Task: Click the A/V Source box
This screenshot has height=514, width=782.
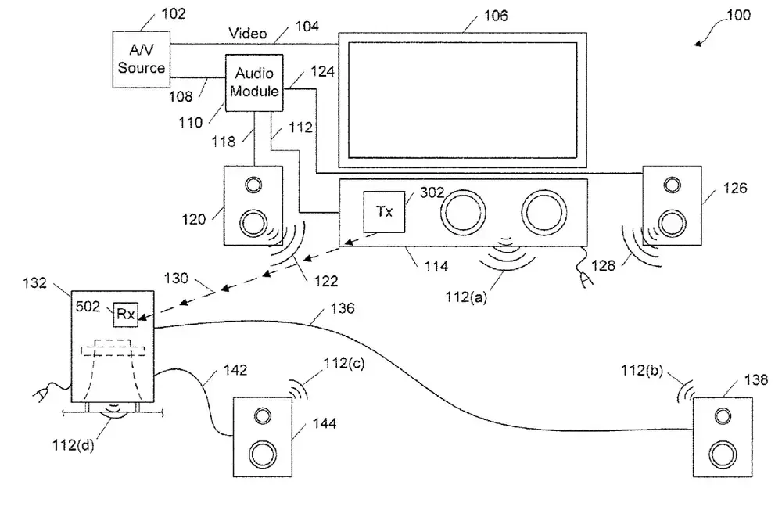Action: click(142, 59)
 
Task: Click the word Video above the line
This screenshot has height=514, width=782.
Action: click(248, 34)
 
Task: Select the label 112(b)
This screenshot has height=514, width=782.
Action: click(643, 370)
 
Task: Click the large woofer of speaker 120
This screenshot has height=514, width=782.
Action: click(253, 224)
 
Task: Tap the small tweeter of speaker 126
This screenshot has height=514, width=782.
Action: click(671, 185)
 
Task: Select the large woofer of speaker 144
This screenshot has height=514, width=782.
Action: click(263, 453)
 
